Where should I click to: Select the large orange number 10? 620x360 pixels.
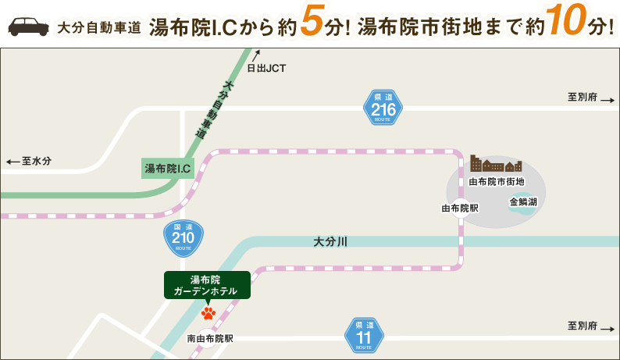point(565,23)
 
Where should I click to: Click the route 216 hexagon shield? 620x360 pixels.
point(383,108)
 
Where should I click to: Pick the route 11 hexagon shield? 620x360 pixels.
point(364,336)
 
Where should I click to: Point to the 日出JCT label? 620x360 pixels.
point(266,68)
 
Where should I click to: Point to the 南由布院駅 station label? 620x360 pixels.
point(210,339)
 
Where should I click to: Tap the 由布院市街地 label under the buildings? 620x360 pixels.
point(496,181)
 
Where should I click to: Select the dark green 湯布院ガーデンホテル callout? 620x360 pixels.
point(207,285)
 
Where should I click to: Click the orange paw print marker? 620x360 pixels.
point(208,313)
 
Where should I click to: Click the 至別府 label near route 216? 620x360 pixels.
point(583,98)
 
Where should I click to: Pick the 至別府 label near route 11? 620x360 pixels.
point(583,326)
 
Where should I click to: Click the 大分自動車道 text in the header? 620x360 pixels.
point(99,27)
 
